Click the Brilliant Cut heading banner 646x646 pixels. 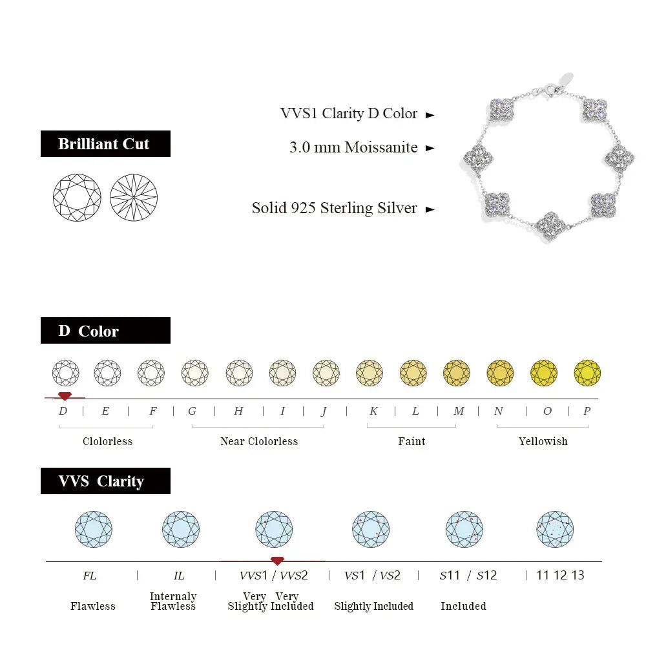point(105,143)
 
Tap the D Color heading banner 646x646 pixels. point(105,330)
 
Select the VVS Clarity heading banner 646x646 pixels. point(105,481)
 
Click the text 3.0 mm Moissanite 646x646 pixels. point(353,147)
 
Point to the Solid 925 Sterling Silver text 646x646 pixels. point(334,208)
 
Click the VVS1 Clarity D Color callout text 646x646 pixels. point(349,113)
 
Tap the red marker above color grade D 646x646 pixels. point(64,395)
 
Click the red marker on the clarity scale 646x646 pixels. point(277,560)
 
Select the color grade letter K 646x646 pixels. point(373,411)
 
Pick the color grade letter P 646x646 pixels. point(587,411)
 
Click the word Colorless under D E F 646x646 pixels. point(107,441)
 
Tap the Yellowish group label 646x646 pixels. point(543,441)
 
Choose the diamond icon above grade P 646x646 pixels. point(587,373)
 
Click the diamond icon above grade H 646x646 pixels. point(239,373)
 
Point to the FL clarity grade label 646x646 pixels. point(89,575)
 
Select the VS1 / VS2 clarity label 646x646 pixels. point(372,575)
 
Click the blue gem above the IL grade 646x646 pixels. point(181,529)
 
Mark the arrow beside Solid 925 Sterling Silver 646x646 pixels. point(430,209)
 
